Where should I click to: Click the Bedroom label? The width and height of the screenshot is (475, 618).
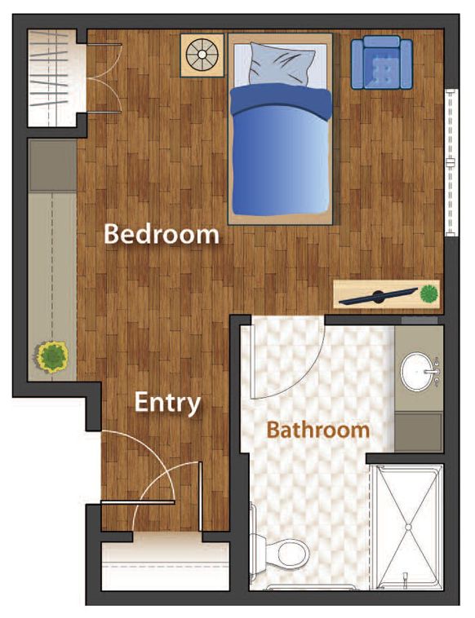click(x=162, y=234)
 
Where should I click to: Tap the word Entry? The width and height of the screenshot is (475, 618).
click(x=167, y=403)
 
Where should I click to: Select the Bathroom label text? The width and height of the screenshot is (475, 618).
click(x=318, y=429)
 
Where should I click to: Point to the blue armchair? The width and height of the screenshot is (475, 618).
click(x=382, y=62)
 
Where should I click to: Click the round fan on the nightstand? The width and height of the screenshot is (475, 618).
click(x=202, y=55)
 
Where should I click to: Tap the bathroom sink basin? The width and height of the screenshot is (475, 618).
click(x=417, y=371)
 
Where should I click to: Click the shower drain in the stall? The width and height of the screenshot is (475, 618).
click(x=408, y=527)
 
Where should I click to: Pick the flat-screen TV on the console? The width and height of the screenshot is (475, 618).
click(x=378, y=297)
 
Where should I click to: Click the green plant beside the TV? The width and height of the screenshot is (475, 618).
click(x=428, y=294)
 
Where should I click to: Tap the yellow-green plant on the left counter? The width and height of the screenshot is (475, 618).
click(x=51, y=356)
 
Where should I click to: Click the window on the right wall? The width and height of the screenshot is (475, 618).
click(x=451, y=162)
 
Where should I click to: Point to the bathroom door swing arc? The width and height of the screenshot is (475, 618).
click(x=303, y=374)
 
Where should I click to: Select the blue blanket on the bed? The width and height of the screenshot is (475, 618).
click(x=281, y=152)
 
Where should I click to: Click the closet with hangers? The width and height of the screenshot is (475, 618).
click(x=52, y=78)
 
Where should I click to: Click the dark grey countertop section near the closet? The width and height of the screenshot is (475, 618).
click(x=52, y=166)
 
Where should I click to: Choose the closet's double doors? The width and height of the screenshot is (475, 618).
click(x=104, y=78)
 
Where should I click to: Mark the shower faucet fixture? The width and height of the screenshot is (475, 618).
click(x=405, y=579)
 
